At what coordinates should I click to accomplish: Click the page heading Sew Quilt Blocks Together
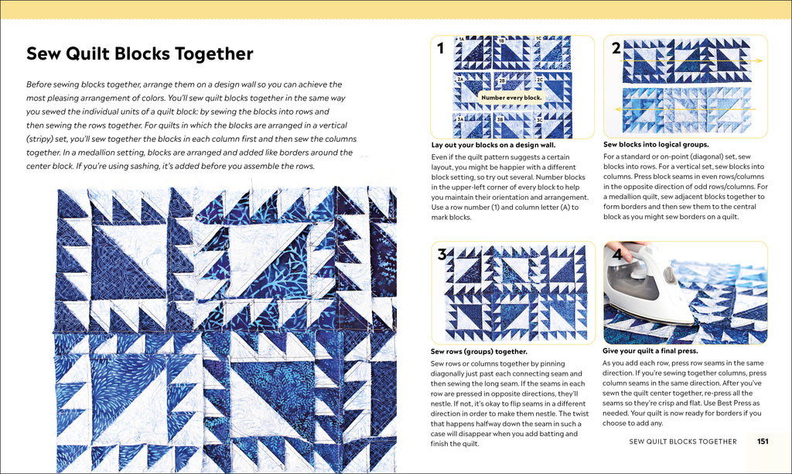click(x=139, y=53)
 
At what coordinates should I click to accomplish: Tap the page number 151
click(x=762, y=441)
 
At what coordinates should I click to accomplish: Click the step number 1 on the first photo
click(x=440, y=49)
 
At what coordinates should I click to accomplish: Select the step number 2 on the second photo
click(x=616, y=48)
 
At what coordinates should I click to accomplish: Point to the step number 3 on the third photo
click(x=442, y=255)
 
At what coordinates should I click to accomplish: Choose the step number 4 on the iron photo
click(x=617, y=254)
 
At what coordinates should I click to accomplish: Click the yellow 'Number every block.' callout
click(x=511, y=98)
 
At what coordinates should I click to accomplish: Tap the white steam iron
click(x=650, y=290)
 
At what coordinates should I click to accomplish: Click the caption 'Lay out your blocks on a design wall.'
click(x=493, y=145)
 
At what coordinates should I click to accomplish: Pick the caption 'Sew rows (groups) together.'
click(x=478, y=352)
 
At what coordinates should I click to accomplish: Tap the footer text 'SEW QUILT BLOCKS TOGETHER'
click(x=682, y=441)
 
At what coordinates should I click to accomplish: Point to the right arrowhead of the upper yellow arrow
click(x=760, y=60)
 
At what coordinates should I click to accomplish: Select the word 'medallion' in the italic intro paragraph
click(x=99, y=153)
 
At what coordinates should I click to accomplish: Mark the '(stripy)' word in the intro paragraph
click(x=43, y=139)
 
